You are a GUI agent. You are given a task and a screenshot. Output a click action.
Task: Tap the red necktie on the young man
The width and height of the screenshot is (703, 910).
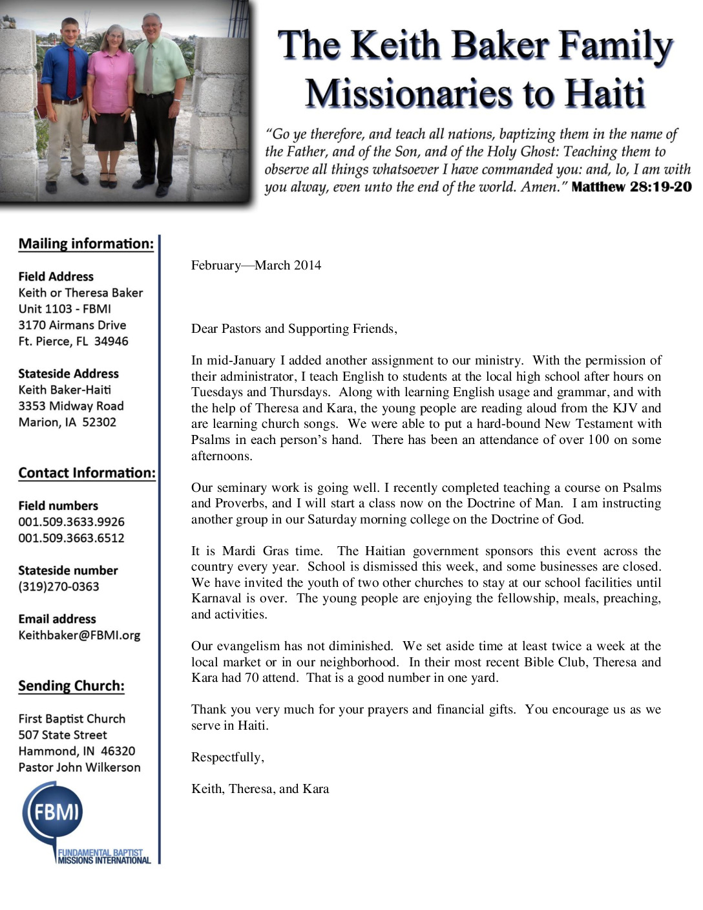point(72,71)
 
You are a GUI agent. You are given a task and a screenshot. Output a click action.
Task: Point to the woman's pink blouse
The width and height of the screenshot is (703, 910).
point(110,81)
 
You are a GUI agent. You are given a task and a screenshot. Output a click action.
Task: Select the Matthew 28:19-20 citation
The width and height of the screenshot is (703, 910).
point(631,187)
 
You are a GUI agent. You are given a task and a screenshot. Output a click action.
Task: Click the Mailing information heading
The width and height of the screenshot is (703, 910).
point(86,244)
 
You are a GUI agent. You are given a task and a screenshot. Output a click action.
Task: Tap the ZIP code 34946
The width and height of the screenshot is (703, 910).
point(111,341)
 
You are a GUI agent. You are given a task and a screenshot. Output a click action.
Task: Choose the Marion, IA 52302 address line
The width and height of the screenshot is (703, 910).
point(67,422)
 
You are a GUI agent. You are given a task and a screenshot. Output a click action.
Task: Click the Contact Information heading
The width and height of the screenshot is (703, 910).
point(87,473)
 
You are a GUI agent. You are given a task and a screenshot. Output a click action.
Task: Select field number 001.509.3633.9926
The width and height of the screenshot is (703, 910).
point(71,522)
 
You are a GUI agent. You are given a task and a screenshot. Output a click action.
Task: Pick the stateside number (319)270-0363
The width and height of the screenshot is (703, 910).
point(59,587)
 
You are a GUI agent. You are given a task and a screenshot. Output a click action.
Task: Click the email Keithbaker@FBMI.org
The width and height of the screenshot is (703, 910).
point(79,635)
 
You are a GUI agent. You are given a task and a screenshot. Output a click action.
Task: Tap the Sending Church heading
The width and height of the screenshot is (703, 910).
point(71,686)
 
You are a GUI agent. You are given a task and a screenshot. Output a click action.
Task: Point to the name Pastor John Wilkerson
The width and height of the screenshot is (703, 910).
point(79,767)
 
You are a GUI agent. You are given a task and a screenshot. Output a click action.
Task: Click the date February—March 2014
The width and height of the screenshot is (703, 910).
point(256,265)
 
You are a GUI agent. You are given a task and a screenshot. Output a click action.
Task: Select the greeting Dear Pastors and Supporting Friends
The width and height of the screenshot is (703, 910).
point(294,328)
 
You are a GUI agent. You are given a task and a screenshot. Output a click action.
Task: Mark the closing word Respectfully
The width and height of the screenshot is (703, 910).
point(227,757)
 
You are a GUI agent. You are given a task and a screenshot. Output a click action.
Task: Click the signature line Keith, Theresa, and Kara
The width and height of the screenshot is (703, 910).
point(260,788)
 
